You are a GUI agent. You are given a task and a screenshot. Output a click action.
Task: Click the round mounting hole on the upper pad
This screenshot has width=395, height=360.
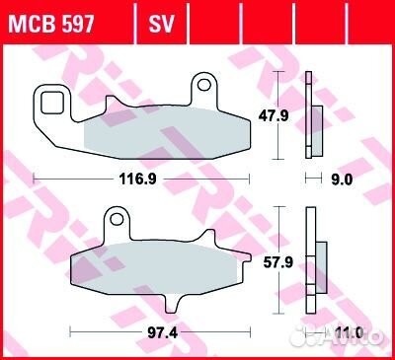click(205, 84)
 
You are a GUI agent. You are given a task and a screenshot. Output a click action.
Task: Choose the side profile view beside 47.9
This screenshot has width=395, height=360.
click(315, 115)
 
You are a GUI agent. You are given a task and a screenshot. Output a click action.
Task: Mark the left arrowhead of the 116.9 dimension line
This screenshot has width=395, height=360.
click(38, 179)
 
